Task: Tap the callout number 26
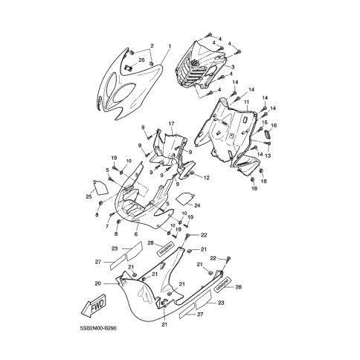pyautogui.click(x=142, y=59)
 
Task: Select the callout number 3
pyautogui.click(x=233, y=68)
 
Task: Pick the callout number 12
pyautogui.click(x=206, y=178)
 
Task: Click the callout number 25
pyautogui.click(x=87, y=196)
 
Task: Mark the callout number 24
pyautogui.click(x=196, y=205)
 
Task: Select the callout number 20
pyautogui.click(x=97, y=283)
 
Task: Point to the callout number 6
pyautogui.click(x=136, y=234)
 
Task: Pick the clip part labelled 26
pyautogui.click(x=127, y=69)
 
